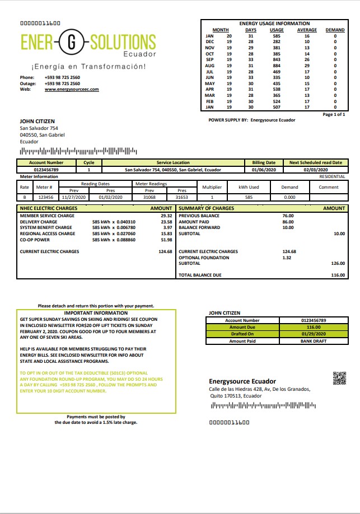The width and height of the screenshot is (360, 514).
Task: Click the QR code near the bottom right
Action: (339, 378)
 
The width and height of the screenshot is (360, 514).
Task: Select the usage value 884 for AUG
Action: (277, 66)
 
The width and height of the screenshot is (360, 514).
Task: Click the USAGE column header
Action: (277, 30)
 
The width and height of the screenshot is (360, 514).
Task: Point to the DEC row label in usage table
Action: (210, 42)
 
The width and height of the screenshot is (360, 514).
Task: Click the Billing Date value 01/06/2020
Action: (263, 169)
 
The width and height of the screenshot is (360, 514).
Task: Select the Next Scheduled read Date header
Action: (315, 162)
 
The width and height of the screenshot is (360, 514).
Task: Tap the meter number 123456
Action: (45, 197)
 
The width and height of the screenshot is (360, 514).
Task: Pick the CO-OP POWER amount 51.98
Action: (166, 240)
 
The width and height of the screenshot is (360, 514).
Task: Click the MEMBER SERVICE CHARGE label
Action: (47, 216)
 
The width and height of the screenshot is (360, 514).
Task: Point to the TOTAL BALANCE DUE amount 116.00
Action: (338, 275)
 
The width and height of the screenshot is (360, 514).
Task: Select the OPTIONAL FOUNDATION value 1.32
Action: (287, 258)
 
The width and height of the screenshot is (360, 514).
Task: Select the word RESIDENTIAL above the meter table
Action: (332, 176)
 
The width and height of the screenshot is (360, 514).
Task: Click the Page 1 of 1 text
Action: (334, 114)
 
